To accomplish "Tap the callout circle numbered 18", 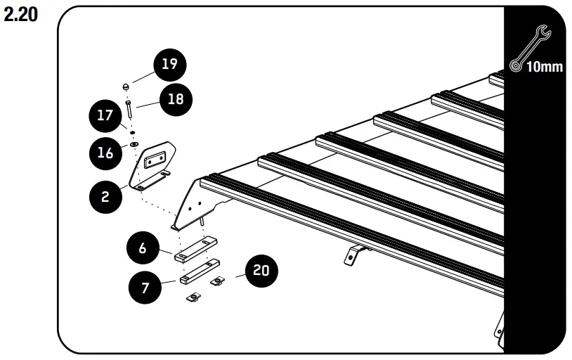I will (x=174, y=100).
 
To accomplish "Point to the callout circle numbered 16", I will (x=105, y=153).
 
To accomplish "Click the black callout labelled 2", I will (x=105, y=196).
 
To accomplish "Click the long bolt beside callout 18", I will (x=129, y=111).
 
